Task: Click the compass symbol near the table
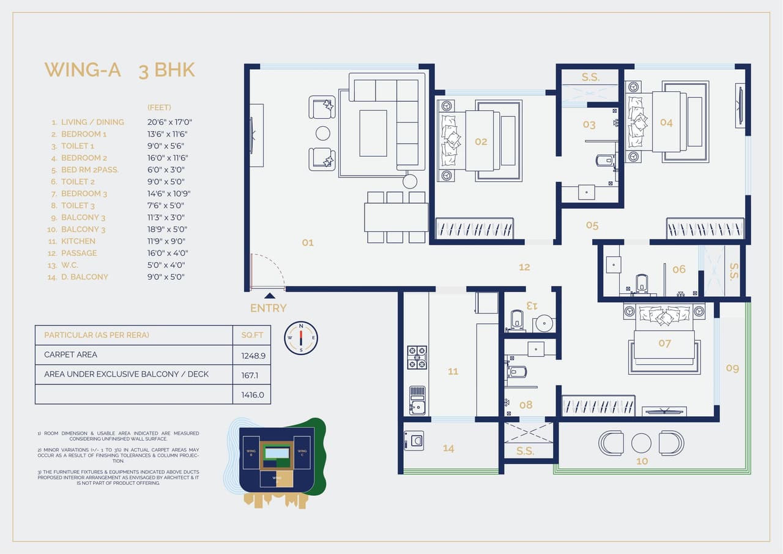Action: coord(301,338)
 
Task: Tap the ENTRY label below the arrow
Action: coord(268,308)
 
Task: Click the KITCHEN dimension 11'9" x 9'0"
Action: coord(166,241)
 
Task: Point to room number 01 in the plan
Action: coord(308,242)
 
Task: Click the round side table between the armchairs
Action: coord(323,133)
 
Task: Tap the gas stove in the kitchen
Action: coord(417,357)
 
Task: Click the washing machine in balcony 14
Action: coord(414,440)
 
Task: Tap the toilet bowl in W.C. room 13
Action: coord(517,320)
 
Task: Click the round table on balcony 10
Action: coord(641,443)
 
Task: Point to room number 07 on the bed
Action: coord(665,343)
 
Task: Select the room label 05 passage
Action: coord(592,225)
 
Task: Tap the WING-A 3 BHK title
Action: coord(120,70)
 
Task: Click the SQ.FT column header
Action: coord(251,335)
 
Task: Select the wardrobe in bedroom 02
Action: coord(475,228)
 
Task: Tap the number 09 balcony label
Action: coord(732,368)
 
